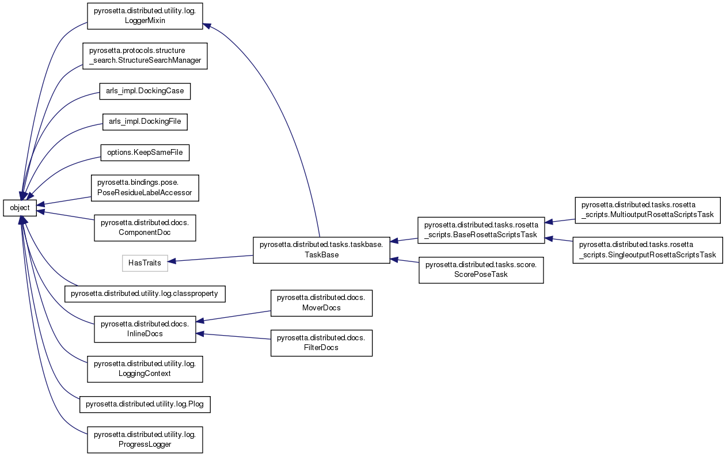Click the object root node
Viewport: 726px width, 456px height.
click(20, 207)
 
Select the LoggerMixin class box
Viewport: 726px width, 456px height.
click(145, 16)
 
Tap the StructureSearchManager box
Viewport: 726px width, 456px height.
click(145, 55)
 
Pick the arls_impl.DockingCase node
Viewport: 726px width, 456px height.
click(145, 91)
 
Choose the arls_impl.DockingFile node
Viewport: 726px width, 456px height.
click(145, 121)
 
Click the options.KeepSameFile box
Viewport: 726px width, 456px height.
click(145, 152)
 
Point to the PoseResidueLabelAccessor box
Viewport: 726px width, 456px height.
click(145, 188)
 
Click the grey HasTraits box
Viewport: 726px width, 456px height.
click(145, 263)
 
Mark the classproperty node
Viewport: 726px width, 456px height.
click(145, 294)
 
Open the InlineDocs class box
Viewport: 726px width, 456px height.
click(145, 329)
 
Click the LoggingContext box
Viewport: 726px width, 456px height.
click(145, 368)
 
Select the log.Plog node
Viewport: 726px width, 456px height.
click(145, 405)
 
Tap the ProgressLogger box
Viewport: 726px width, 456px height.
click(145, 439)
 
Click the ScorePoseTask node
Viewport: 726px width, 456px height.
click(481, 269)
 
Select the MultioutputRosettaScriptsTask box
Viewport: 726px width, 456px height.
click(648, 210)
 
